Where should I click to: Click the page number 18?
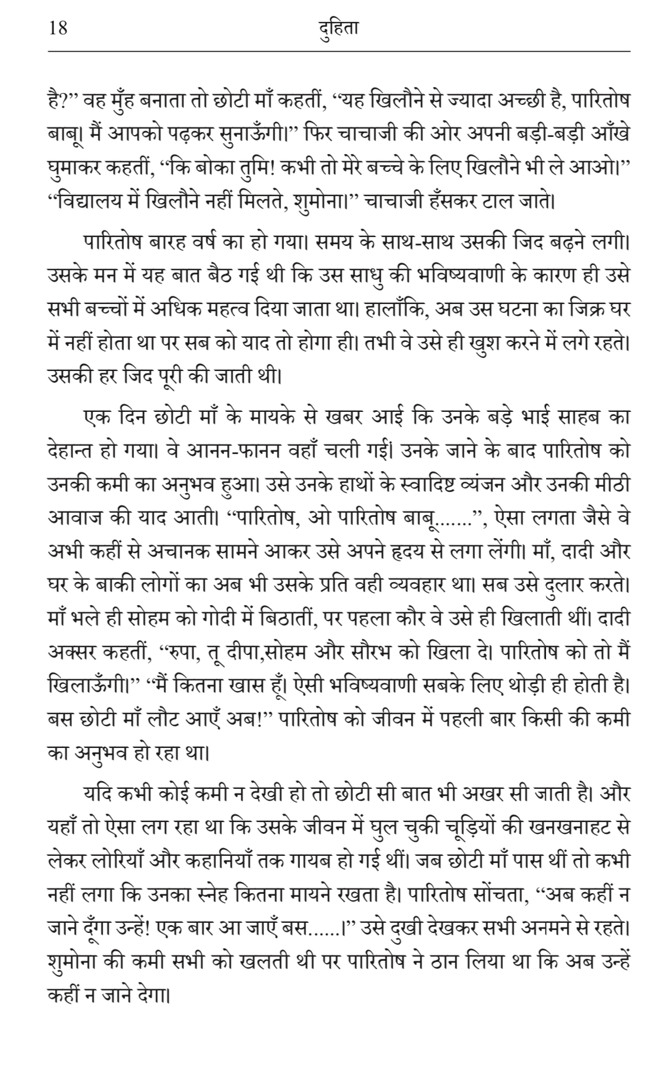(x=58, y=28)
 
